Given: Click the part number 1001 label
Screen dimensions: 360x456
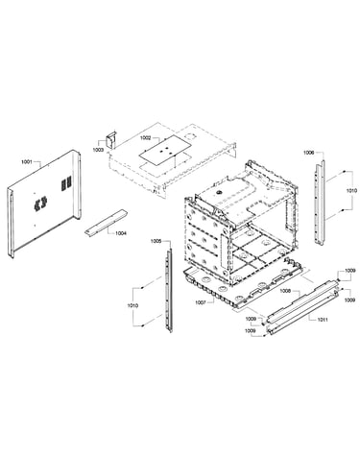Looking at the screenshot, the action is [x=27, y=161].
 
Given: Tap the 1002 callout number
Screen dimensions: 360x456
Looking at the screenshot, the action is [x=146, y=138].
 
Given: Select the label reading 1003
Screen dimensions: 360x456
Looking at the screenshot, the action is [x=98, y=150].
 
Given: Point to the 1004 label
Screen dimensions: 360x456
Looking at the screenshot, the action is [x=121, y=233].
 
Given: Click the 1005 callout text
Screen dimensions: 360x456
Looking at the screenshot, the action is [x=156, y=241].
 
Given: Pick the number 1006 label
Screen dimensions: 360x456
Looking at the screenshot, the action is [x=309, y=153].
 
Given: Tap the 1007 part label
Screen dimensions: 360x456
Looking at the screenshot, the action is [x=201, y=301].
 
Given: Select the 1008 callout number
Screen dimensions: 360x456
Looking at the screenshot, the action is [x=285, y=291].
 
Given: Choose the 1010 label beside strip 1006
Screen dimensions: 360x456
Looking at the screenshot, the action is [x=351, y=191].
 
